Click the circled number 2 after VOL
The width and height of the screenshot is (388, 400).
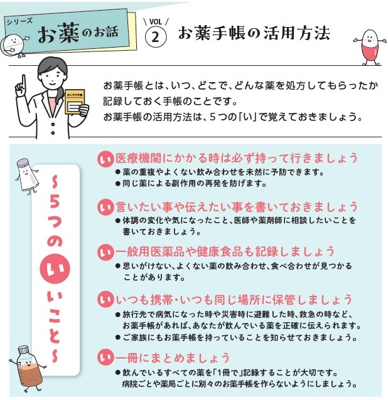(x=156, y=37)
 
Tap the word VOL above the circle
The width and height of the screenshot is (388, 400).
(x=156, y=21)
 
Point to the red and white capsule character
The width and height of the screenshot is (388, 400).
(x=370, y=47)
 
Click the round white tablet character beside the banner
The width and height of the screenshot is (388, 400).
(x=13, y=45)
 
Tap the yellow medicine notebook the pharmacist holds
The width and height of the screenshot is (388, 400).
(x=75, y=102)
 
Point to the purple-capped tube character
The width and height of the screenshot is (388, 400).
(x=26, y=176)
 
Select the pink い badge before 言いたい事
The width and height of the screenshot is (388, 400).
(x=105, y=208)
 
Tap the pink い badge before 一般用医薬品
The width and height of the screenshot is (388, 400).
(x=105, y=253)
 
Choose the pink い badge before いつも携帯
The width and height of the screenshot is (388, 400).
(x=105, y=300)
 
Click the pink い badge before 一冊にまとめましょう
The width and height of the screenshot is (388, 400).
(x=105, y=359)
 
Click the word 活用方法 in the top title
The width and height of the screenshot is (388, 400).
(x=296, y=33)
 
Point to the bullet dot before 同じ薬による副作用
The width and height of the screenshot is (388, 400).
(x=118, y=184)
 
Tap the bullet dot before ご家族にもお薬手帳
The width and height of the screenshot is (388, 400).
(x=118, y=338)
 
